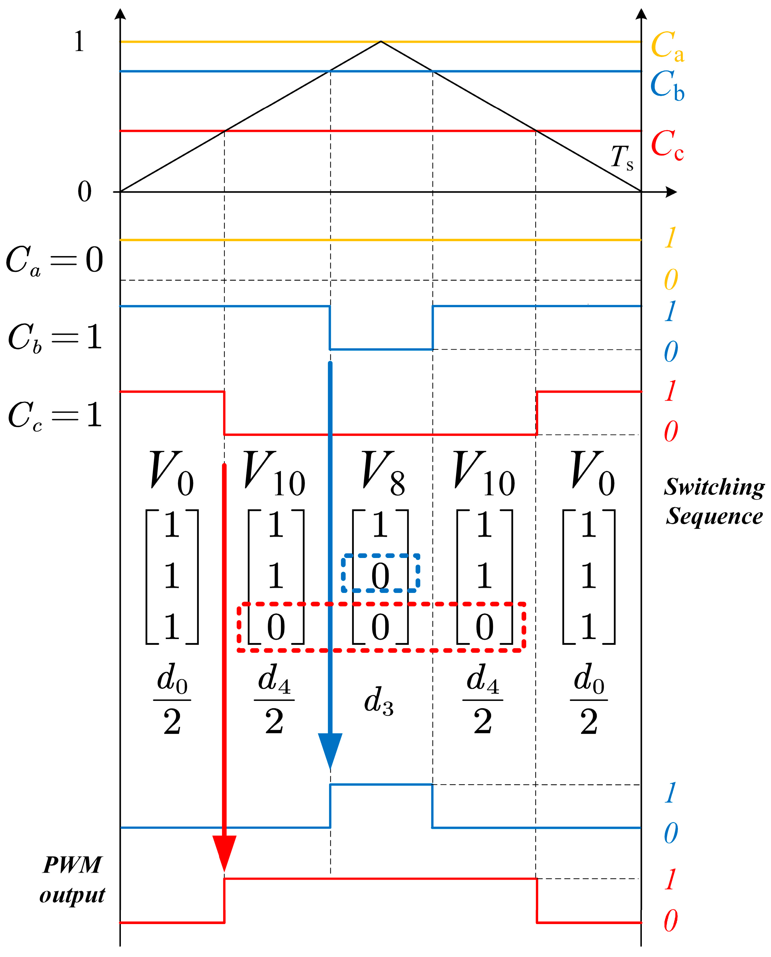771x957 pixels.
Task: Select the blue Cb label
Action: point(667,85)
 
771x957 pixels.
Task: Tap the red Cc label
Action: point(667,144)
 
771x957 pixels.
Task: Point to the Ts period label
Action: point(622,158)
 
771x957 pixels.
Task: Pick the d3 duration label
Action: point(378,701)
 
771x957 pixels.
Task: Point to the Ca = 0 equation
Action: point(54,260)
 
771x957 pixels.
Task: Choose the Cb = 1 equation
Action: point(55,337)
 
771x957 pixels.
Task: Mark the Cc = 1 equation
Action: point(55,416)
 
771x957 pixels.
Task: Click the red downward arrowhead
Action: point(224,853)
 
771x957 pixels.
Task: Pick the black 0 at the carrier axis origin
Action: point(84,192)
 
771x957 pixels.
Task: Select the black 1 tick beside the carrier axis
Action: point(79,42)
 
